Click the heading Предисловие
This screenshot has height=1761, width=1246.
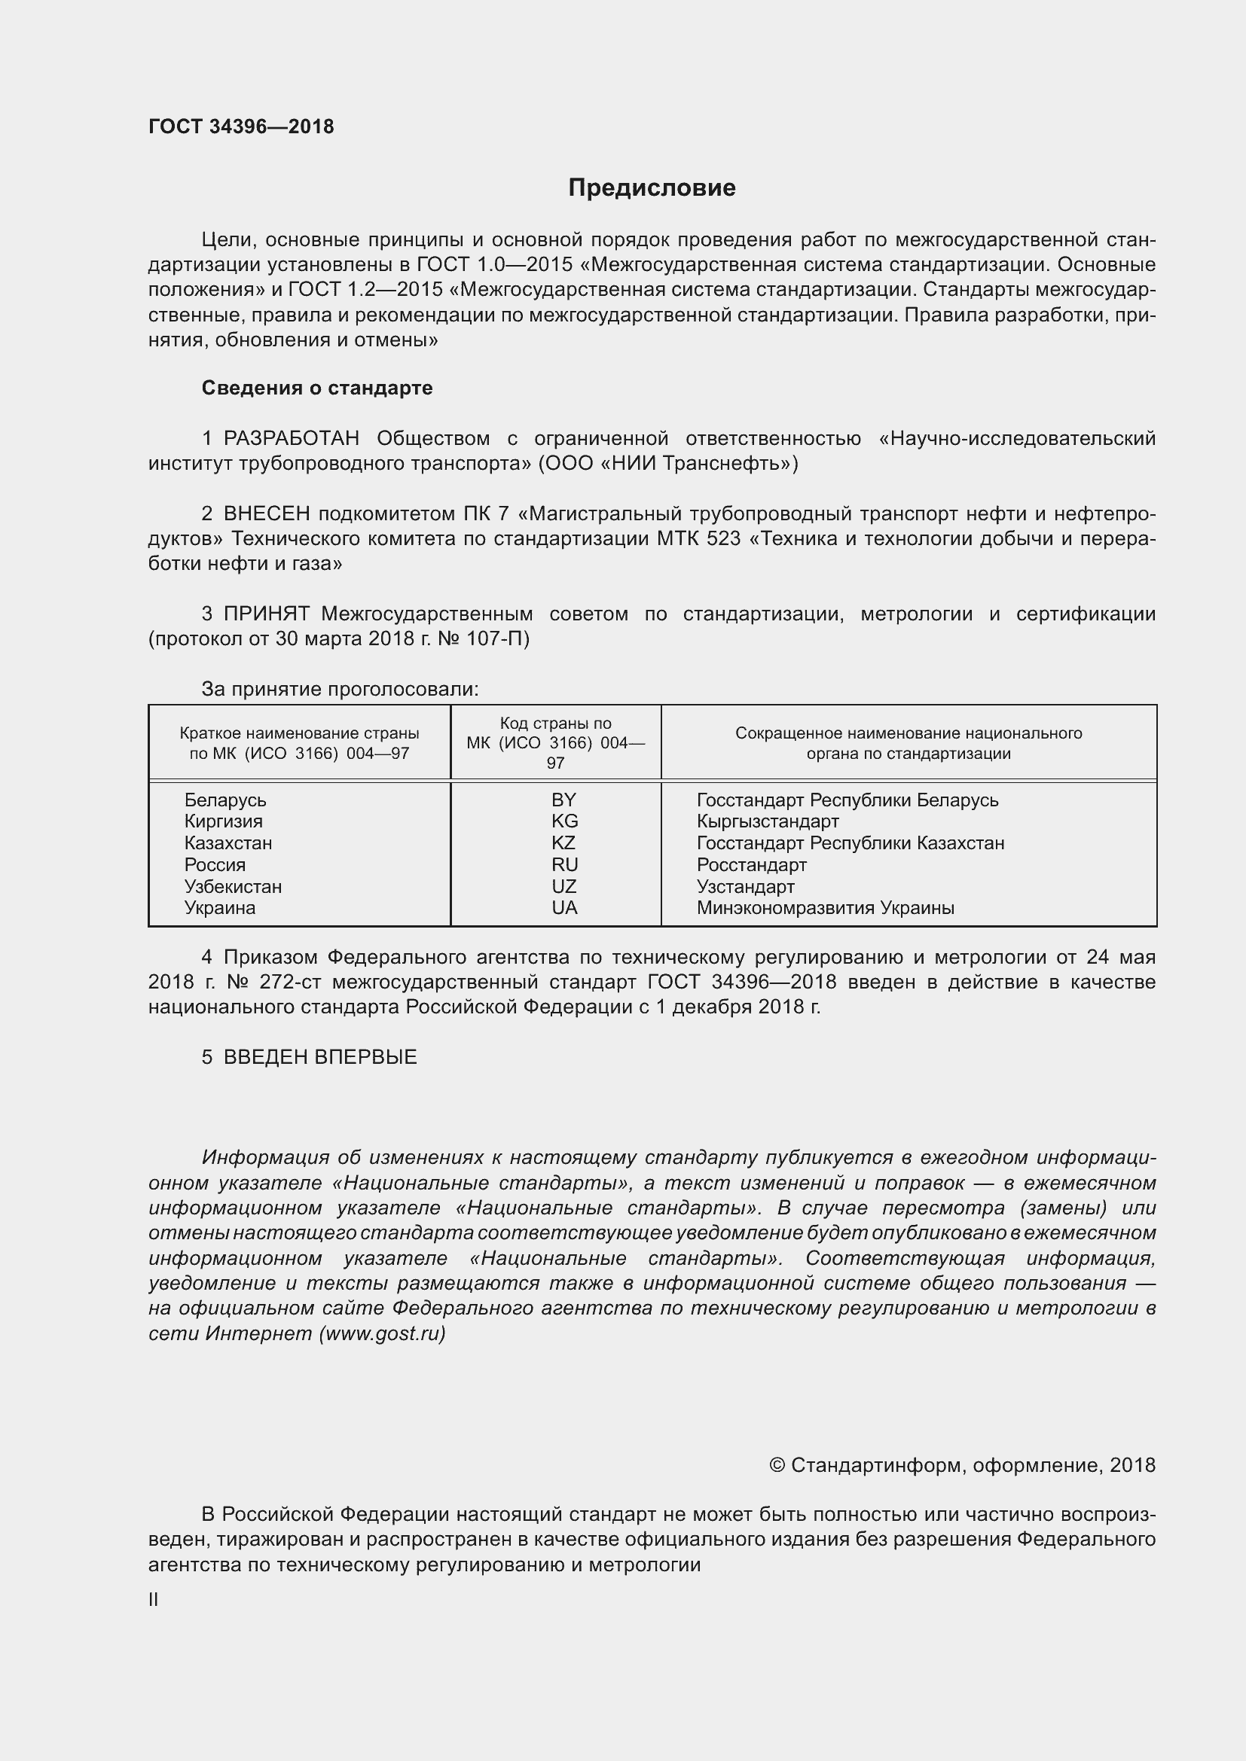pyautogui.click(x=652, y=188)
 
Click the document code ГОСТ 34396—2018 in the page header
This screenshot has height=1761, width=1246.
pyautogui.click(x=241, y=126)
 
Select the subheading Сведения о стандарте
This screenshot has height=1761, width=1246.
pyautogui.click(x=317, y=388)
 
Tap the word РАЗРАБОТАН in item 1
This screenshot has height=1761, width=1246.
pyautogui.click(x=292, y=439)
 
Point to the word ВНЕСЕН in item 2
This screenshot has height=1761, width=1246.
pyautogui.click(x=267, y=514)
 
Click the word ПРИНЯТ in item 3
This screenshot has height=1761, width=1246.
pyautogui.click(x=267, y=614)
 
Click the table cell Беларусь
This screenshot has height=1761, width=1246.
pyautogui.click(x=224, y=800)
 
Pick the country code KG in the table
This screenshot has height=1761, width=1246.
pyautogui.click(x=564, y=821)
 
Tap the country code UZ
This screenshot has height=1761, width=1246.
pyautogui.click(x=564, y=887)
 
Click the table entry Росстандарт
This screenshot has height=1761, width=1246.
pyautogui.click(x=751, y=865)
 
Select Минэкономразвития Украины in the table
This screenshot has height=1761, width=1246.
pyautogui.click(x=825, y=908)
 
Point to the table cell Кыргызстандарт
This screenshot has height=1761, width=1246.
pyautogui.click(x=767, y=821)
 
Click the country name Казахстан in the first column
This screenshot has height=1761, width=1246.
pyautogui.click(x=228, y=843)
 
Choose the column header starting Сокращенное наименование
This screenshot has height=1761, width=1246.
pyautogui.click(x=909, y=742)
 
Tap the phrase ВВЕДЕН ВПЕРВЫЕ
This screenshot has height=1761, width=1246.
pyautogui.click(x=320, y=1057)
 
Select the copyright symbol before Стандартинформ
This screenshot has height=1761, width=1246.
pyautogui.click(x=777, y=1466)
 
